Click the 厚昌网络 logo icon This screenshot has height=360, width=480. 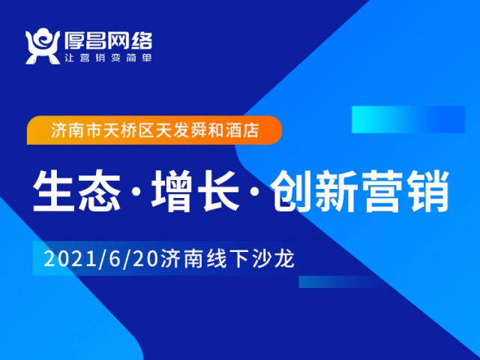point(42,46)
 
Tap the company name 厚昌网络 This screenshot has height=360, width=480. point(108,40)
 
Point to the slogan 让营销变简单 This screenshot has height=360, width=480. point(108,58)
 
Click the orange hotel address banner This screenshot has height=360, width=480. point(154,130)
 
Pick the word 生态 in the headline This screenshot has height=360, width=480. point(76,191)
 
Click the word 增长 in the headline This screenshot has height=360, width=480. point(195,191)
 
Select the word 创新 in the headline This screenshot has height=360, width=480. point(314,191)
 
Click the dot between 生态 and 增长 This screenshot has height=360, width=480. point(136,192)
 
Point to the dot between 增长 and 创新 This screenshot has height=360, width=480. point(255,192)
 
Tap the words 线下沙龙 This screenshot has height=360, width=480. point(250,259)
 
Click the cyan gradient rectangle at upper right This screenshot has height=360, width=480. point(408,119)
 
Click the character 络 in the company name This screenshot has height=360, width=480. point(142,40)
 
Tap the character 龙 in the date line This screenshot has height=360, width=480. point(284,259)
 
